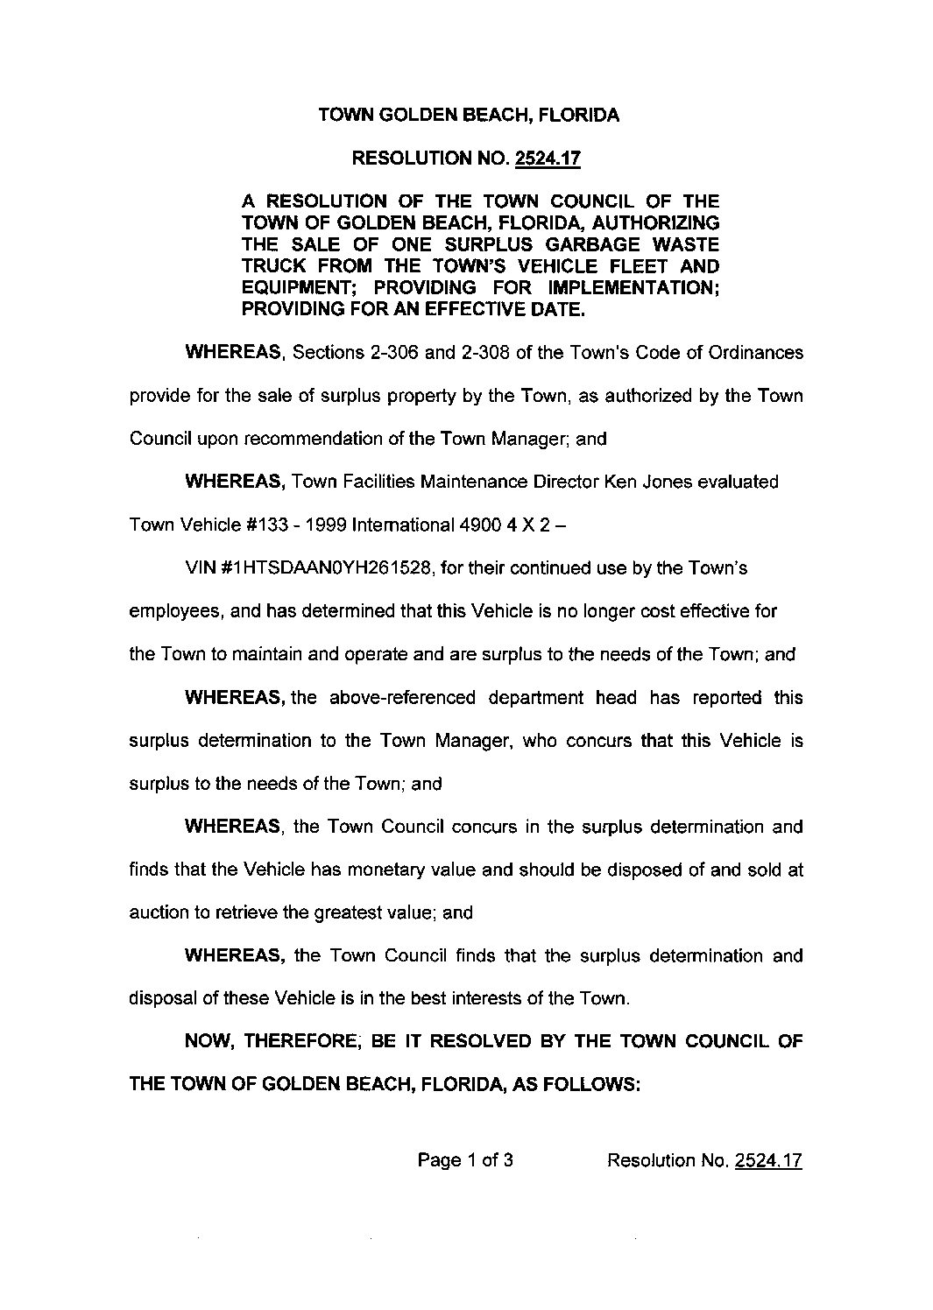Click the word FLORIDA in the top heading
pos(579,116)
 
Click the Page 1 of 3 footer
pos(465,1161)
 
